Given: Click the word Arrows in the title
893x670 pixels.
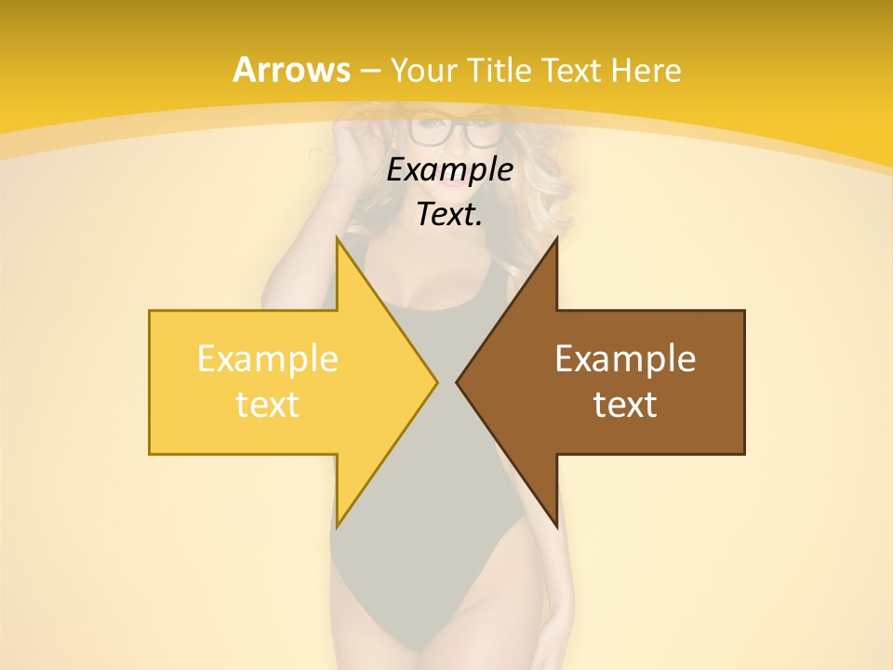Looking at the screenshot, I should (x=291, y=70).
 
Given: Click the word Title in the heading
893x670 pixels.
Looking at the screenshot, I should (x=500, y=70).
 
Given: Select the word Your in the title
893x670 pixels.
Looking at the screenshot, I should (x=424, y=70).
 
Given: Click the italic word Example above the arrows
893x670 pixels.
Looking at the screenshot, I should (x=449, y=169).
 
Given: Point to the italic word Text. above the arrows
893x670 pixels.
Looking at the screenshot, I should (x=449, y=215).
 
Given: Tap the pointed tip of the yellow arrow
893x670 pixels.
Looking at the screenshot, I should (x=435, y=382).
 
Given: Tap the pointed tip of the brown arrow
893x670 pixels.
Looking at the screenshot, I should (x=459, y=382).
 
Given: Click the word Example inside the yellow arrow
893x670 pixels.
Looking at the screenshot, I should (x=268, y=359).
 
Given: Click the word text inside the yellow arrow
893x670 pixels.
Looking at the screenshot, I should (x=268, y=405).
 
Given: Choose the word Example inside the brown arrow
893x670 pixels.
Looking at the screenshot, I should (x=625, y=359).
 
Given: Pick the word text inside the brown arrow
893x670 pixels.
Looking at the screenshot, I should (x=625, y=405).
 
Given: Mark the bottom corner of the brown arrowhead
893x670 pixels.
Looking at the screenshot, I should (x=556, y=526).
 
